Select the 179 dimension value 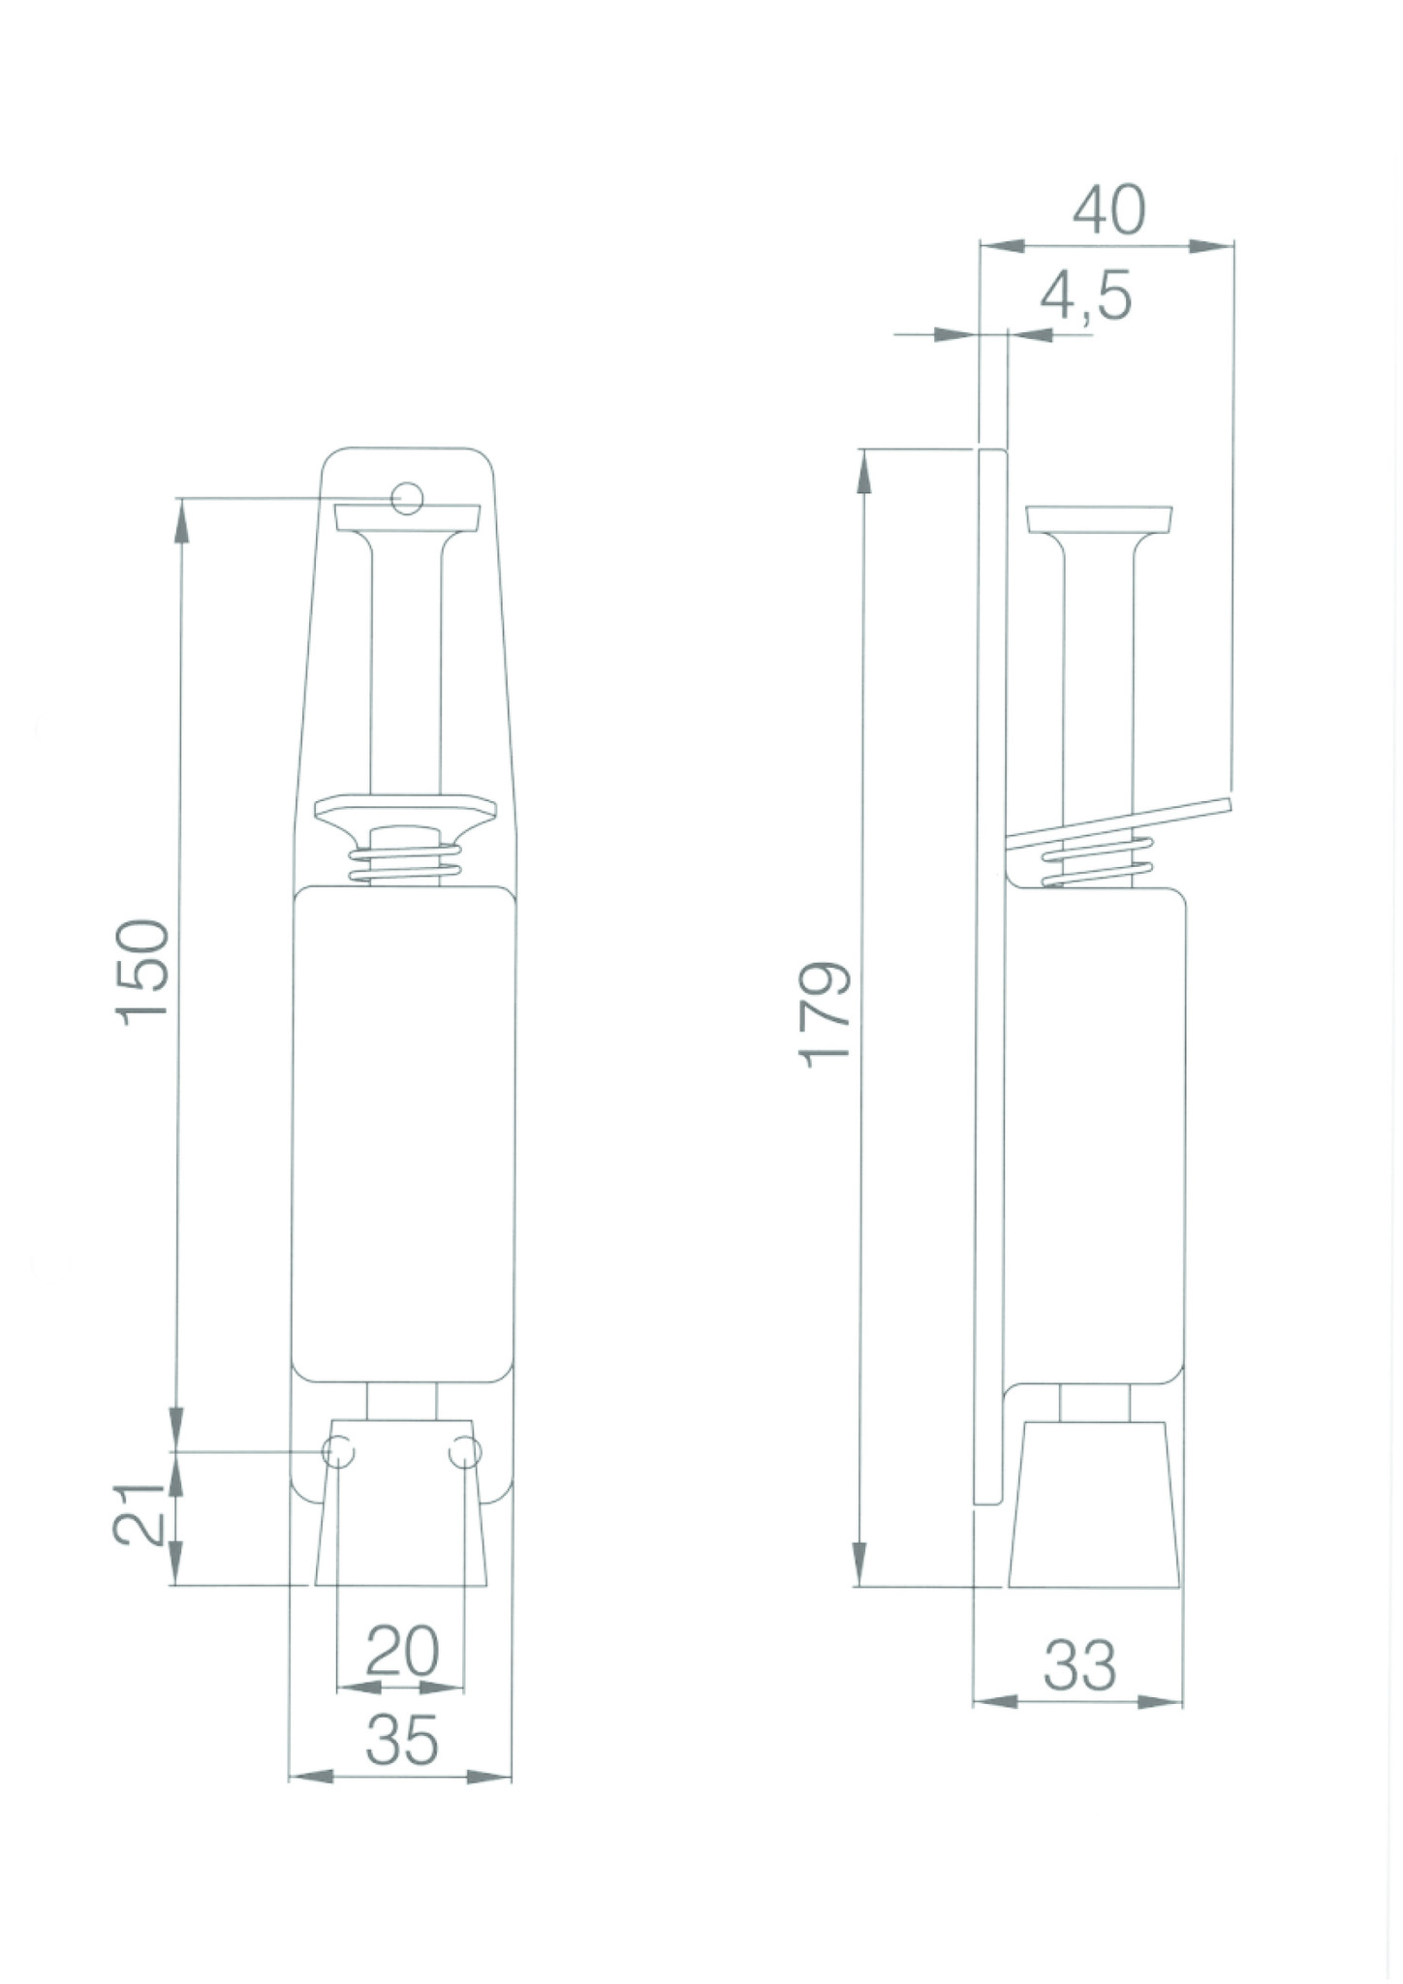coord(826,1013)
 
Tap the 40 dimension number coord(1108,209)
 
